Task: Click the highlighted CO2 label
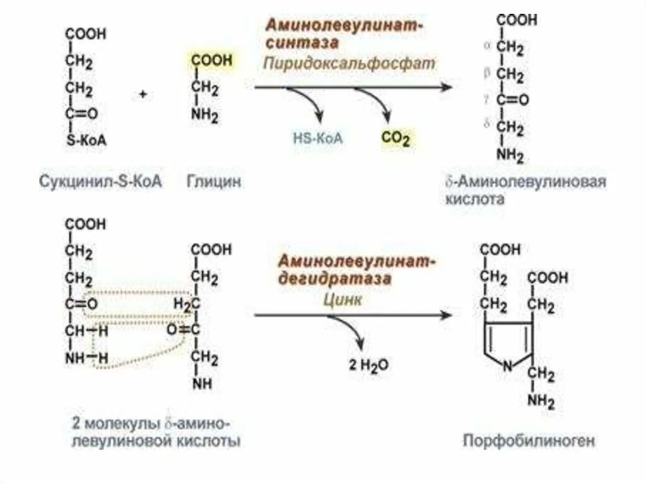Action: (396, 138)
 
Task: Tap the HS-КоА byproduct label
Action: (317, 138)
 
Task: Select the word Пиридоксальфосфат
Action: (350, 63)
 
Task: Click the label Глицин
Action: (214, 182)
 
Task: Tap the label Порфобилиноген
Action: (529, 440)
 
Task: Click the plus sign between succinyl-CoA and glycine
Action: (143, 94)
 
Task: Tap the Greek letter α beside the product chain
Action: (487, 46)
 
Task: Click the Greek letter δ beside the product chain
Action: (487, 124)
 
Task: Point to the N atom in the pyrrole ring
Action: (507, 365)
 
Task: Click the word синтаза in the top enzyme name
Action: (302, 43)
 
